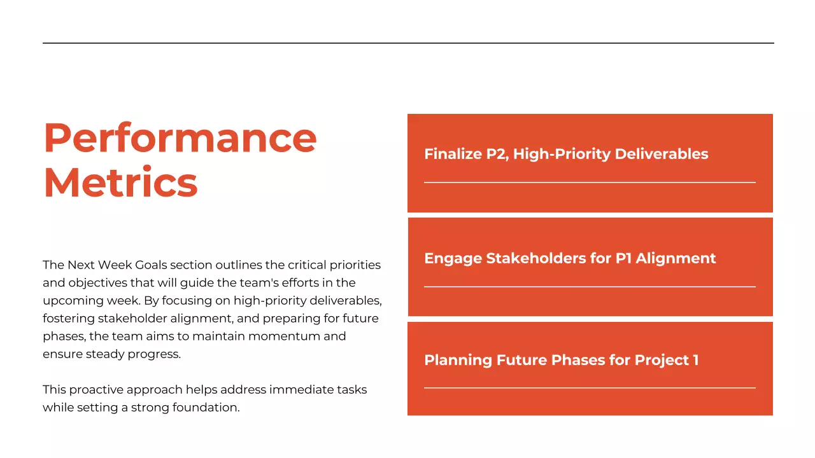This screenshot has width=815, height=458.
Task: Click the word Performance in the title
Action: [180, 138]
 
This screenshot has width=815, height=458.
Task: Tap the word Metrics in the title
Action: [120, 183]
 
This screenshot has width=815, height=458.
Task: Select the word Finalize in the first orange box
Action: [453, 154]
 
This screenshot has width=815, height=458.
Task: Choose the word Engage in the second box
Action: [453, 258]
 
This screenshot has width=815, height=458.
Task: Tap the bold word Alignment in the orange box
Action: [676, 258]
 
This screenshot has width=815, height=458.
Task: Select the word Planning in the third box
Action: [453, 360]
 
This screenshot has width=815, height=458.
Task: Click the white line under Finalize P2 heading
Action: [590, 183]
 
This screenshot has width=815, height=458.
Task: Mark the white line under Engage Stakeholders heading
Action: [590, 287]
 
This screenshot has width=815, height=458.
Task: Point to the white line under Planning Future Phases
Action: [590, 388]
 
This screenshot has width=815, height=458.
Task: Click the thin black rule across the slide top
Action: [407, 43]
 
